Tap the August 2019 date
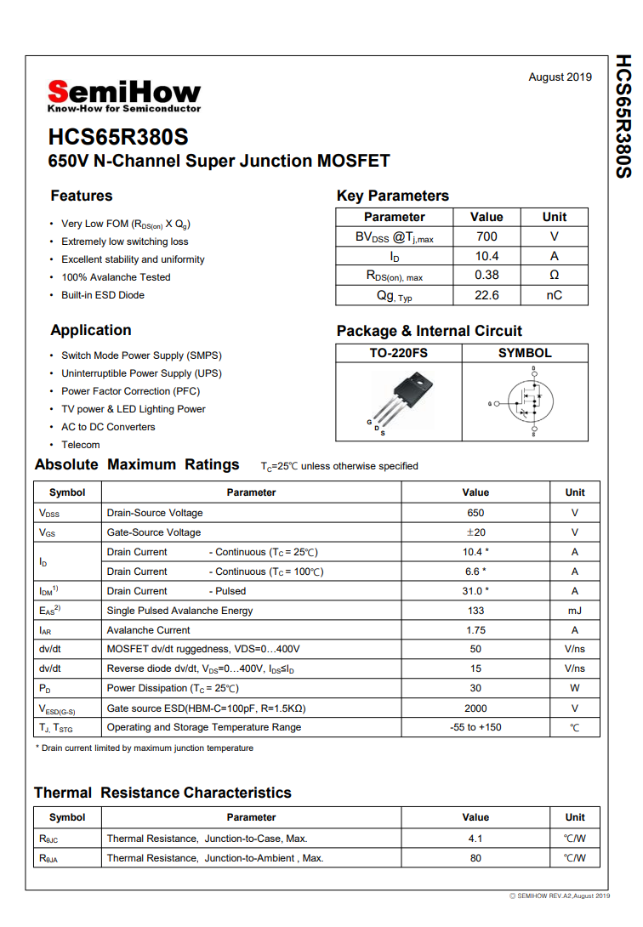(x=560, y=77)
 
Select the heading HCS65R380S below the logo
(x=118, y=137)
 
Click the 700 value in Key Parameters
(x=487, y=236)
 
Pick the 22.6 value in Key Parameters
(x=487, y=295)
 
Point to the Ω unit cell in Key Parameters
(x=554, y=276)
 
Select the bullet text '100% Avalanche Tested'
(x=116, y=277)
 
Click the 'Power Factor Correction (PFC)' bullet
(x=128, y=391)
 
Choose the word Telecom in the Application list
(x=81, y=445)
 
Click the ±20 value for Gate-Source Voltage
(x=475, y=532)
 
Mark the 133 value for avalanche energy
(x=475, y=611)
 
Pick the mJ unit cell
(x=575, y=611)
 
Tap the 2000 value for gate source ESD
(x=475, y=708)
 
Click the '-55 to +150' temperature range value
(x=475, y=727)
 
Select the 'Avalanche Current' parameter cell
(x=148, y=630)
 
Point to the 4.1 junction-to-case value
(x=475, y=839)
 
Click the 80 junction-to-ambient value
(x=475, y=858)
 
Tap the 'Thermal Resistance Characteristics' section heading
(x=162, y=793)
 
